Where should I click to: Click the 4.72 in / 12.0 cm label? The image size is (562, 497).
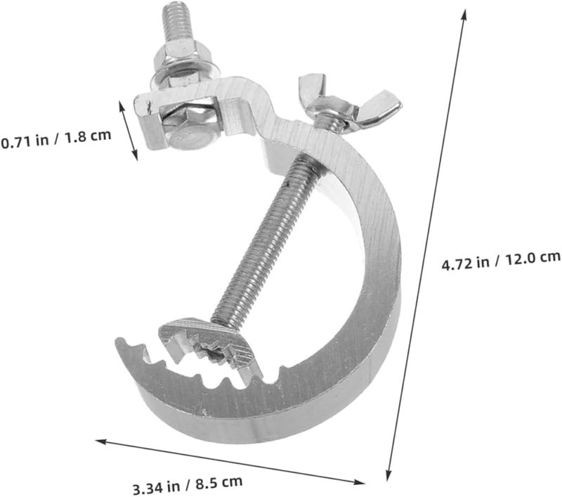pyautogui.click(x=501, y=260)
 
